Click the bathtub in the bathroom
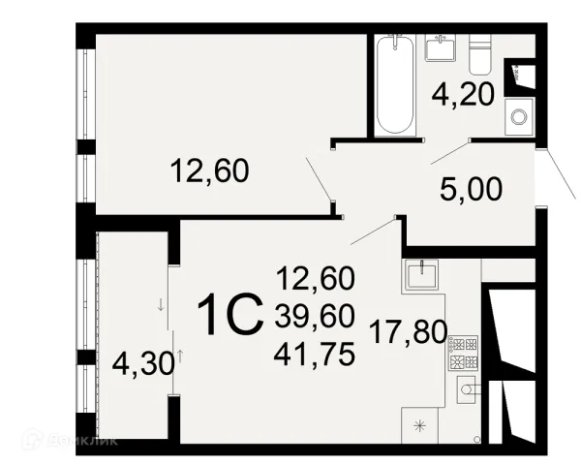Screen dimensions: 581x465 coord(395,84)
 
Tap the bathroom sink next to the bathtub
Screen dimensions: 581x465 coord(440,47)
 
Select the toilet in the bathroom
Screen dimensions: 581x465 coord(480,54)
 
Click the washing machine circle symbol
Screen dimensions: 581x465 coord(519,117)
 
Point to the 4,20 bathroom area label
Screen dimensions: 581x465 coord(463,95)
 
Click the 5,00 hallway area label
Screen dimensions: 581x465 coord(472,189)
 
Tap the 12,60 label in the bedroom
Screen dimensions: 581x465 coord(210,170)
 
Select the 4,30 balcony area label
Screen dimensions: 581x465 coord(143,363)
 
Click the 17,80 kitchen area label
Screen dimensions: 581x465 coord(409,332)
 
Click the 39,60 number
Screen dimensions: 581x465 coord(315,318)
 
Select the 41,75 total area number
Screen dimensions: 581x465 coord(314,355)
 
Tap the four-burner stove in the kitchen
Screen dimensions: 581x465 coord(463,353)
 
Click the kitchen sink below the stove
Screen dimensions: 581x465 coord(466,389)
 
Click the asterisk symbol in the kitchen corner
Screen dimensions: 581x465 coord(420,425)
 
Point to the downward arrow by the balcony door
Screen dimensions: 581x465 coord(161,305)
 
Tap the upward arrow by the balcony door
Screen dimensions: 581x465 coord(180,356)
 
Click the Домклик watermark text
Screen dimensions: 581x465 coord(82,440)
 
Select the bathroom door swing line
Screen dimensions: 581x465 coord(450,152)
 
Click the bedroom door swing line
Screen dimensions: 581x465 coord(319,178)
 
